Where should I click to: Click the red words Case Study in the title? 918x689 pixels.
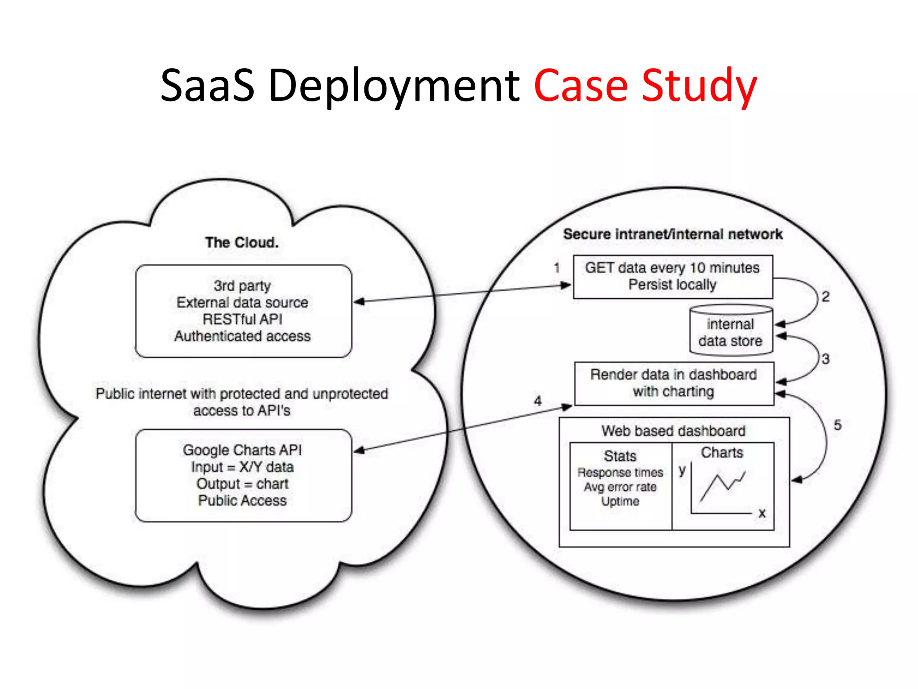(645, 85)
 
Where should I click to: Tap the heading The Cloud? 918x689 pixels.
(242, 243)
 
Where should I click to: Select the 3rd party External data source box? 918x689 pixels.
(243, 311)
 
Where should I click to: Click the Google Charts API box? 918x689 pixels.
(243, 475)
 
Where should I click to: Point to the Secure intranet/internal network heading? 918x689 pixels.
(672, 234)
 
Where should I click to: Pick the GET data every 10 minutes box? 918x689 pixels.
(672, 276)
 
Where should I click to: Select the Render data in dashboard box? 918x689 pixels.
(674, 383)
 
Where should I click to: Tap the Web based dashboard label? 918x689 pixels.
(673, 431)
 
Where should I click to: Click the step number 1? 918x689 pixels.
(557, 268)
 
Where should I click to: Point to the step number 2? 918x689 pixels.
(825, 297)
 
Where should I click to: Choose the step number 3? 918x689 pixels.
(825, 359)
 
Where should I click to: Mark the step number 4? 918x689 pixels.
(538, 401)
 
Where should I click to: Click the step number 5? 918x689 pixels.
(837, 425)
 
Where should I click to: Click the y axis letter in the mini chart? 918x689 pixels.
(682, 470)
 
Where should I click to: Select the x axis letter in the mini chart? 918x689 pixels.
(762, 513)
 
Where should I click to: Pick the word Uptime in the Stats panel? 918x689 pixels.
(620, 501)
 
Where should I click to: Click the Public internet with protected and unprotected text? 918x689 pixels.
(242, 394)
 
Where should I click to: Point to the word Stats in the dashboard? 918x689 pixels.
(620, 456)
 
